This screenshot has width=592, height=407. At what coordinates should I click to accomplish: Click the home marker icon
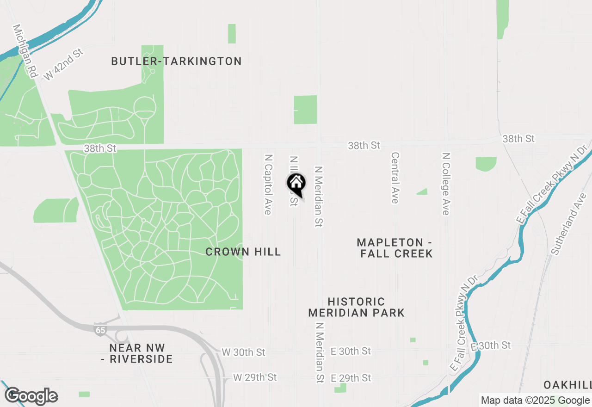pos(296,184)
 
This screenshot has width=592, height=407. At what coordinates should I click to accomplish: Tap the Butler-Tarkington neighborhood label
pos(176,61)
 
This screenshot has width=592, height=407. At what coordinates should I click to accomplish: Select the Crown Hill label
pos(243,252)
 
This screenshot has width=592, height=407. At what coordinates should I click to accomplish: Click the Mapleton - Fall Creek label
pos(395,248)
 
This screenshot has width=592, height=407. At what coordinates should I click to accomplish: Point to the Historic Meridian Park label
pos(356,307)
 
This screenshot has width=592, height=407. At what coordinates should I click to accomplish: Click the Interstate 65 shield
pos(99,329)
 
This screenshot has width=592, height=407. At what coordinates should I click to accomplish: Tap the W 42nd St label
pos(63,64)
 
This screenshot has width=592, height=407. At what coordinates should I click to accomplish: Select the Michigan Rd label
pos(25,50)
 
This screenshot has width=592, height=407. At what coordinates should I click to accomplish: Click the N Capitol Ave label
pos(267,184)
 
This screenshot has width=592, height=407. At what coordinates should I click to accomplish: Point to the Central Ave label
pos(395,178)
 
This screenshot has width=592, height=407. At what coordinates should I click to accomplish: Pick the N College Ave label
pos(445,184)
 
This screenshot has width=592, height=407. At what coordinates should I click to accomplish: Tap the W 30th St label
pos(243,352)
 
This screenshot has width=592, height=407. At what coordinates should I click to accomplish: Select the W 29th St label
pos(255,377)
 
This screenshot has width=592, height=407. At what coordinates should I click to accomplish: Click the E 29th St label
pos(351,378)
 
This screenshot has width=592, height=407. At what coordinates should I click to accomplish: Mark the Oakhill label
pos(567,385)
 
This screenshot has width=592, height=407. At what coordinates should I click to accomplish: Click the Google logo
pos(31,396)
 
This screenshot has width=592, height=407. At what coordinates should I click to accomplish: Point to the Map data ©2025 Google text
pos(535,401)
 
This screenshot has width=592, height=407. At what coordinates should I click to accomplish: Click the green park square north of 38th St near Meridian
pos(305,110)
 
